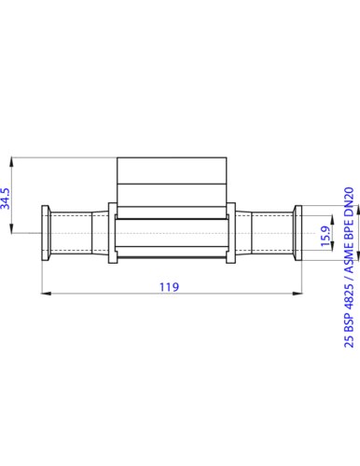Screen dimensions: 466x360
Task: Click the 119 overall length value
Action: coord(169,286)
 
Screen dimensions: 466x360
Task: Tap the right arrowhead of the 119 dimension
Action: coord(298,295)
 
